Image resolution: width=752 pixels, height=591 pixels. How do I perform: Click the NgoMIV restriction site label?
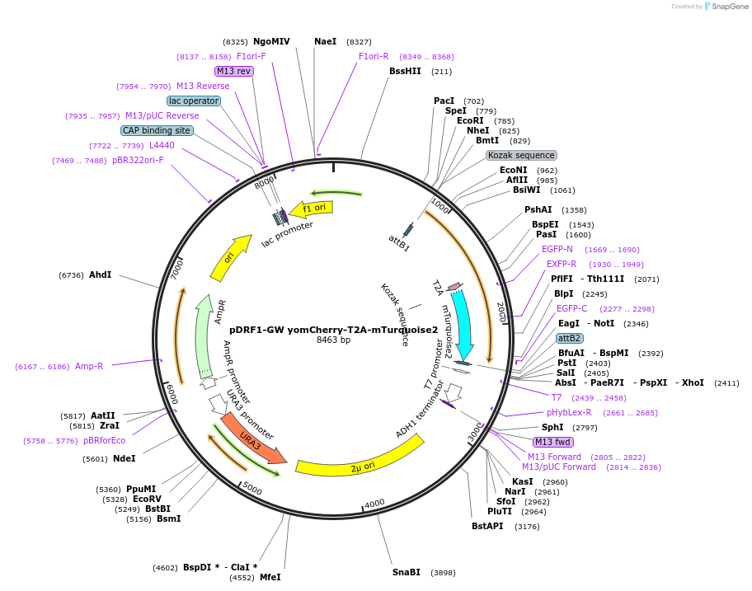point(271,41)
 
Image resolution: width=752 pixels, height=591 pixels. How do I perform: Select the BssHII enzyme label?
point(405,71)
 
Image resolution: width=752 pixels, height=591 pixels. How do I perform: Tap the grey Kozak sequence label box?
point(521,155)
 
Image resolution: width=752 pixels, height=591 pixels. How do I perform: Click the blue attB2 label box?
point(569,338)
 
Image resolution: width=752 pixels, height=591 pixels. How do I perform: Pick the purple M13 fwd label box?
point(552,442)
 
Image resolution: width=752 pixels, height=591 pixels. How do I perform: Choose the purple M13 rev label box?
point(233,71)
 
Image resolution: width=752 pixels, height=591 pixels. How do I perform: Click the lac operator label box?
point(194,101)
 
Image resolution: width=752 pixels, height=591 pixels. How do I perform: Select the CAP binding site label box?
point(157,130)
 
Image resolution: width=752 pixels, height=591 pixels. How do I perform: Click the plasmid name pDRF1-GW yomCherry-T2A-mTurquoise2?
point(333,329)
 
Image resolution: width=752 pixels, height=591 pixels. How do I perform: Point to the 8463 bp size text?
point(333,340)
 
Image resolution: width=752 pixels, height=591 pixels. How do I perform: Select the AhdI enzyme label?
point(101,274)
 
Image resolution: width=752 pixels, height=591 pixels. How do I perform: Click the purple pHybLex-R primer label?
point(569,412)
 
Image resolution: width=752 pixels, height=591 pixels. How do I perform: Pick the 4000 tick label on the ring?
point(374,503)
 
